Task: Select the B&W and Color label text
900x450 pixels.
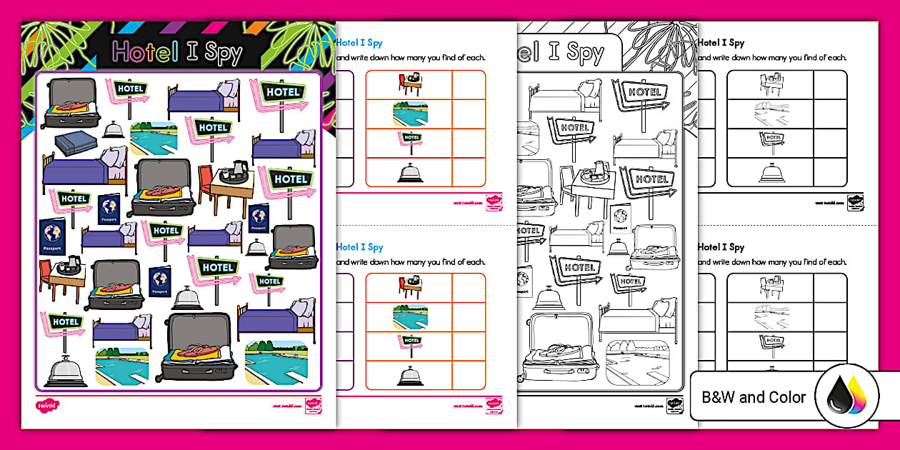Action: tap(754, 397)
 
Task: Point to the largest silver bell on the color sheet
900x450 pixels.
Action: tap(65, 371)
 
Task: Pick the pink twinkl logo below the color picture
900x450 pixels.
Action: tap(47, 405)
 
